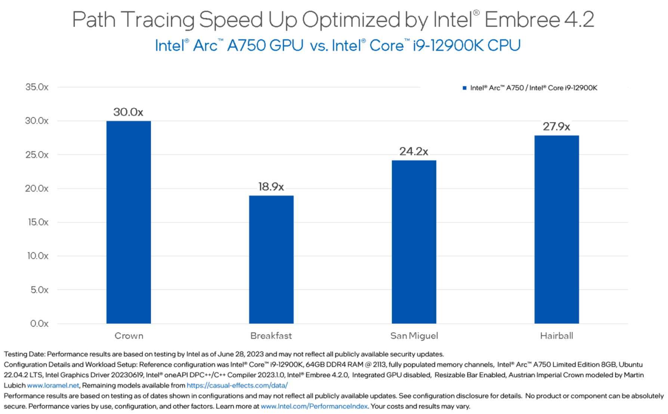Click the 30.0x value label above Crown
(128, 112)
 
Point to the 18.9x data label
(271, 187)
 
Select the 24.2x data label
(414, 151)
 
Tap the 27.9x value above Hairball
(556, 126)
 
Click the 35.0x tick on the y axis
(37, 87)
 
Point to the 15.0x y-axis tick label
(38, 222)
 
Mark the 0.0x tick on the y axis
(39, 323)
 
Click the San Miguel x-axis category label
(414, 335)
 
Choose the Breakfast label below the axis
(271, 335)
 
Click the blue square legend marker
(464, 88)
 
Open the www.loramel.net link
(53, 385)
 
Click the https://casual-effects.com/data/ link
(237, 385)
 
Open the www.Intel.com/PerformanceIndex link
(314, 406)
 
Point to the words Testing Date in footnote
(24, 354)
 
